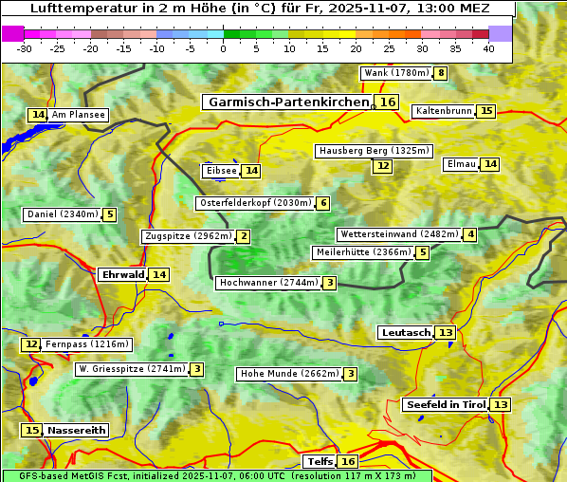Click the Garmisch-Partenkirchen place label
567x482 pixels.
click(287, 102)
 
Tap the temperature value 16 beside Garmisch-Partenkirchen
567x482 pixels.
click(387, 102)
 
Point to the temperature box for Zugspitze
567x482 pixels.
click(244, 236)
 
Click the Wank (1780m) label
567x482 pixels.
click(396, 73)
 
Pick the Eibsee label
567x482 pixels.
click(220, 171)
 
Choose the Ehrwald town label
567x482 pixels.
click(122, 274)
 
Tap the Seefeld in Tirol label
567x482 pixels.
click(446, 404)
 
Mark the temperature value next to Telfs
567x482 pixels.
click(349, 461)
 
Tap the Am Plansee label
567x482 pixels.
click(79, 115)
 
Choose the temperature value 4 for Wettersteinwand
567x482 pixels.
click(470, 234)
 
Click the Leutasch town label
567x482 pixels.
click(406, 332)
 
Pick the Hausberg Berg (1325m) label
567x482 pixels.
click(374, 151)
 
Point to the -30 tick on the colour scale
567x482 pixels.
click(25, 48)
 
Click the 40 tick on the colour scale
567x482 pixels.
click(488, 48)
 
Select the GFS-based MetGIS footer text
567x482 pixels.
click(216, 475)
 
